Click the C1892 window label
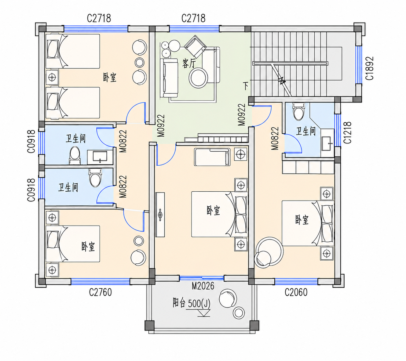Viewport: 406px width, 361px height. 369,68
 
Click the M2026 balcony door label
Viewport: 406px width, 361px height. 203,286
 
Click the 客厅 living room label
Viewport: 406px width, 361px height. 189,64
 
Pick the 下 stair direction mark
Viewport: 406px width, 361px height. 246,86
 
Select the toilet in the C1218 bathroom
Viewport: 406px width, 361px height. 298,111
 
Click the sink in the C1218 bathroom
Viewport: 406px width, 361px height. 326,143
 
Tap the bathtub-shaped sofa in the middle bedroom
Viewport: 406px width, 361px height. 212,157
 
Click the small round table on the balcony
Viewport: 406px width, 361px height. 239,312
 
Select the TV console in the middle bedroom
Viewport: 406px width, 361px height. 160,215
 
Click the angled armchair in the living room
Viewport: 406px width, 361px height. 196,46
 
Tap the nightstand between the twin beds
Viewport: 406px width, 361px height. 52,77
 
